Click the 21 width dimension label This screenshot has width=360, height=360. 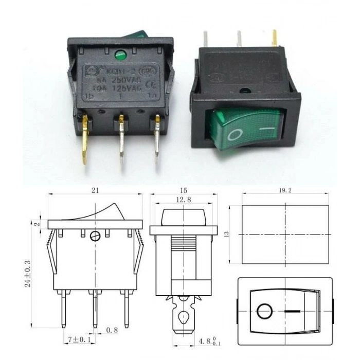(x=95, y=190)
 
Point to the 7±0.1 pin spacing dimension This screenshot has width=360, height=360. (x=79, y=340)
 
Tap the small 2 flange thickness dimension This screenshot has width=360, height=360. (x=36, y=224)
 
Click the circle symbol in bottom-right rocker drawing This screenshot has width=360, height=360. (x=264, y=312)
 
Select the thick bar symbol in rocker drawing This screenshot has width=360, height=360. (x=292, y=312)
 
